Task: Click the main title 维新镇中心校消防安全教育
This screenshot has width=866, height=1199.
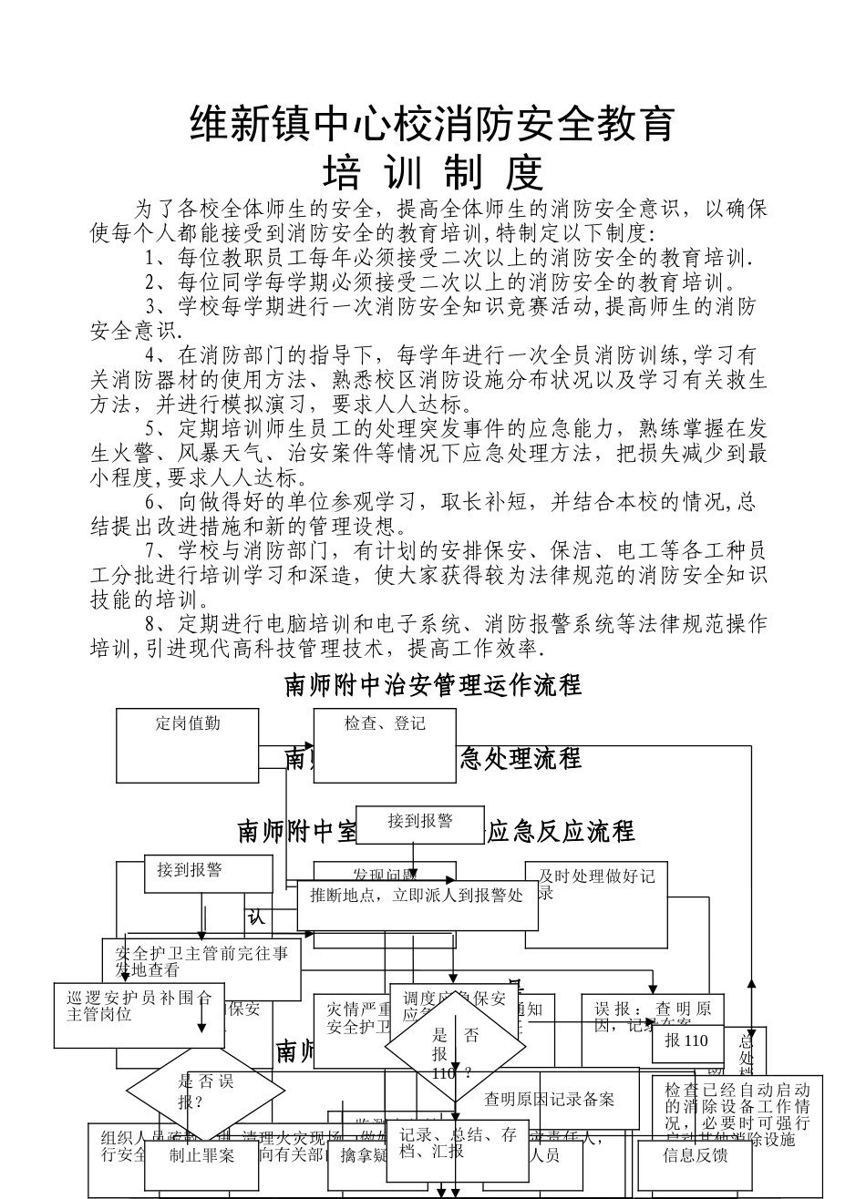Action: point(432,124)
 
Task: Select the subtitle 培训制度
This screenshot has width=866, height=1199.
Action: point(434,171)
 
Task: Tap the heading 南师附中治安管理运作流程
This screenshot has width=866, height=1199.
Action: point(433,684)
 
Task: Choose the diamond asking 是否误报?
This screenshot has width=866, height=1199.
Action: point(192,1090)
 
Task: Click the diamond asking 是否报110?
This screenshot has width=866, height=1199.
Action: point(455,1053)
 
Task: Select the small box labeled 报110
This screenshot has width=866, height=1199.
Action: point(686,1042)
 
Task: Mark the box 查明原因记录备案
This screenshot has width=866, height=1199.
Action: point(549,1099)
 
